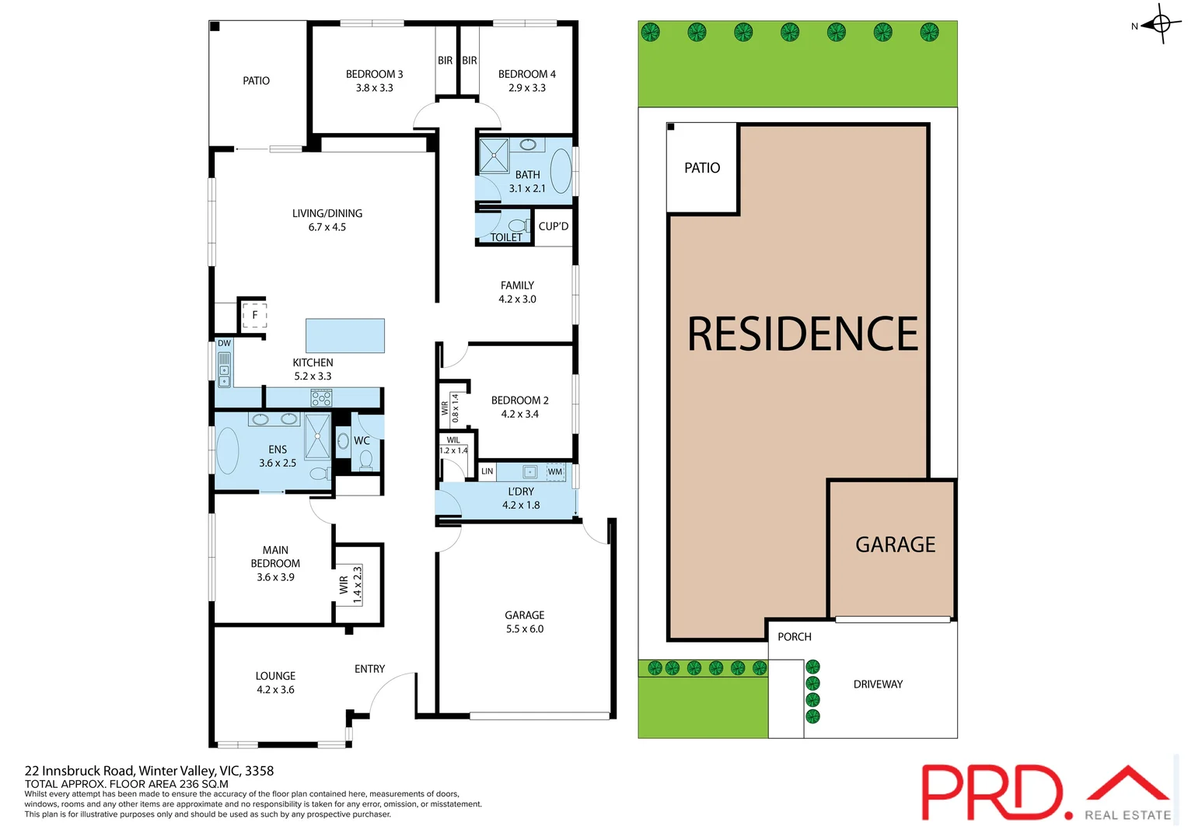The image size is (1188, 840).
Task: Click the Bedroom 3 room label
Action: (x=374, y=74)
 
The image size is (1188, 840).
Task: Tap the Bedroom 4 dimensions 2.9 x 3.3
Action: (x=526, y=88)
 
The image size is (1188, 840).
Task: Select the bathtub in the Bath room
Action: (x=561, y=170)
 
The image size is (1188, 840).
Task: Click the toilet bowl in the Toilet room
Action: (x=517, y=226)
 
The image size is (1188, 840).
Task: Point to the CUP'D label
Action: (x=554, y=226)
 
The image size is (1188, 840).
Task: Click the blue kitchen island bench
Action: (x=345, y=336)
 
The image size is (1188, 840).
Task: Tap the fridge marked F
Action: (x=254, y=315)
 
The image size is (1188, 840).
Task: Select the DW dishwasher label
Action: (x=224, y=343)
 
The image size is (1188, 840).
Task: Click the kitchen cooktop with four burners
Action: (x=321, y=398)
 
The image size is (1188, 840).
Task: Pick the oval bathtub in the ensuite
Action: (x=227, y=451)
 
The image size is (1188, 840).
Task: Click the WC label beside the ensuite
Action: (x=362, y=440)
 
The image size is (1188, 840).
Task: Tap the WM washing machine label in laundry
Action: (x=554, y=471)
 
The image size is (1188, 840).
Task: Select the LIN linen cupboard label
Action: (x=487, y=471)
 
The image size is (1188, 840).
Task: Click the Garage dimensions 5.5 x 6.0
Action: (x=525, y=629)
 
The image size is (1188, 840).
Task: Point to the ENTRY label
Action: (x=369, y=669)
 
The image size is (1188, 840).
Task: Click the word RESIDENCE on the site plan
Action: (x=802, y=334)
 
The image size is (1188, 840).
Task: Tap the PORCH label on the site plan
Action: (x=794, y=637)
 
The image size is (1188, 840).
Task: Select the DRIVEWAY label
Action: (x=878, y=684)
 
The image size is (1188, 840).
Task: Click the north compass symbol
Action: (x=1161, y=24)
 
